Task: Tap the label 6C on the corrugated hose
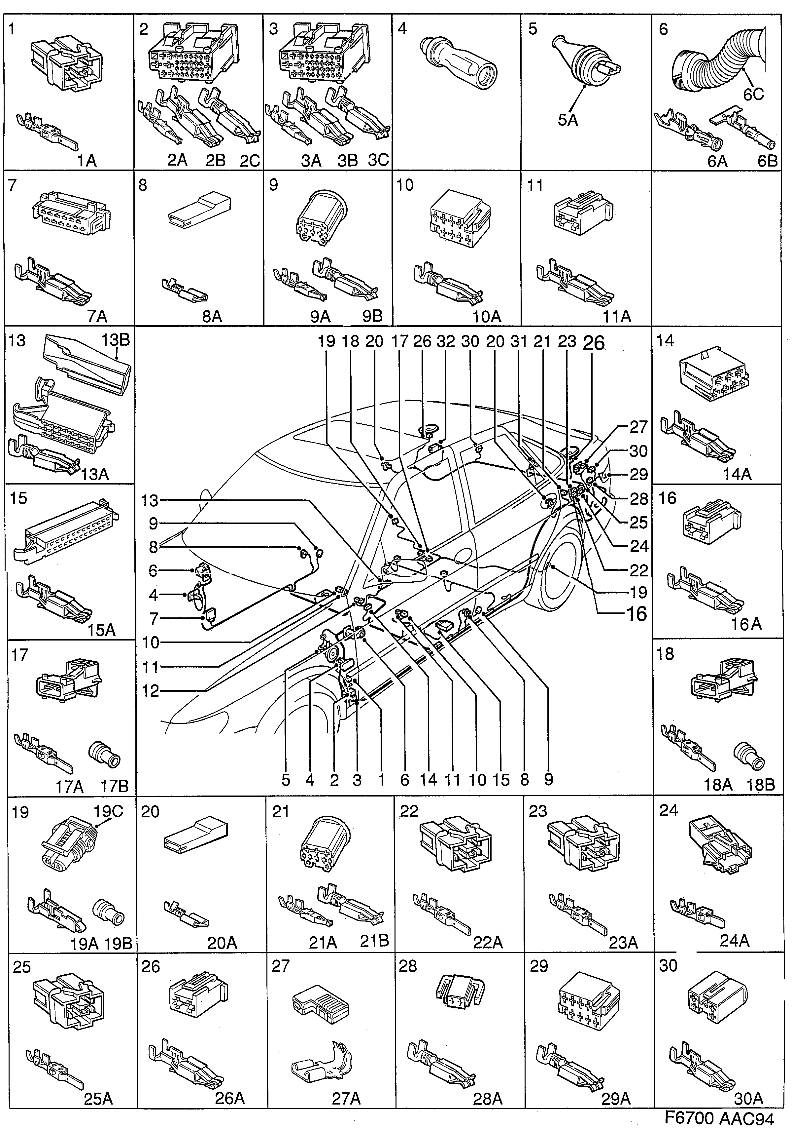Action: (753, 95)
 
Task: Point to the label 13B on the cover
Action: (116, 340)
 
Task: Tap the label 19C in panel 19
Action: (108, 811)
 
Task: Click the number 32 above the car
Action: (446, 341)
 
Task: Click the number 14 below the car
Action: (429, 779)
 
